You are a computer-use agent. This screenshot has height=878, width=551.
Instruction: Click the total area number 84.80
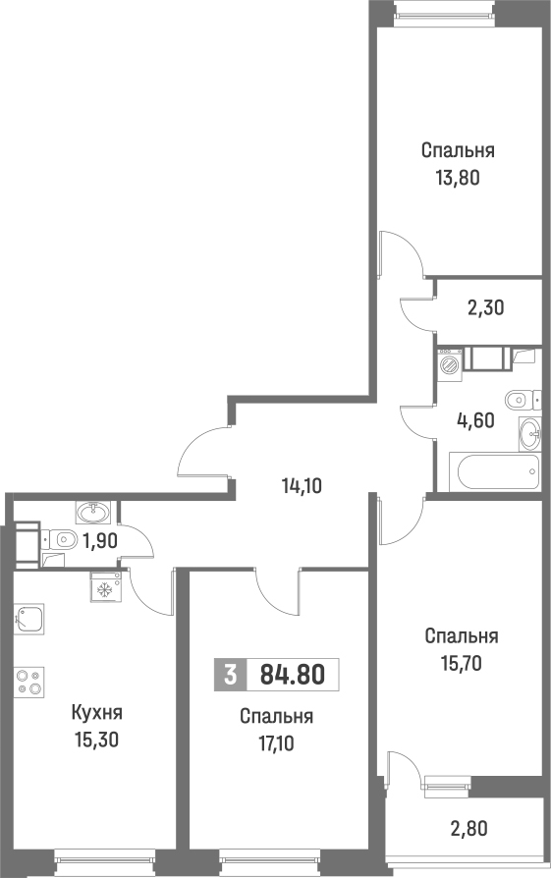[292, 676]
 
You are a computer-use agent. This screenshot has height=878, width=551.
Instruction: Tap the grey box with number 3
[230, 676]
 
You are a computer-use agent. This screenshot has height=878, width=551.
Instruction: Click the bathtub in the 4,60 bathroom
[495, 470]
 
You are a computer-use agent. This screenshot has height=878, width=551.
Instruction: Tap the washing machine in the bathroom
[450, 364]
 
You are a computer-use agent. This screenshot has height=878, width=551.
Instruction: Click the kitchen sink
[29, 620]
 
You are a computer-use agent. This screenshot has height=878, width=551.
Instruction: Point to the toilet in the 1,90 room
[63, 538]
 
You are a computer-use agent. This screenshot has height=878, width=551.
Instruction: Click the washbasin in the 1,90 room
[93, 512]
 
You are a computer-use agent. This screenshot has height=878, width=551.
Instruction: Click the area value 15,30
[95, 739]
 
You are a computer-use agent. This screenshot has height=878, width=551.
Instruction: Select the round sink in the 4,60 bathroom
[529, 430]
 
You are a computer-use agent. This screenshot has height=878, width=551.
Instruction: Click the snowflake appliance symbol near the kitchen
[104, 587]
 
